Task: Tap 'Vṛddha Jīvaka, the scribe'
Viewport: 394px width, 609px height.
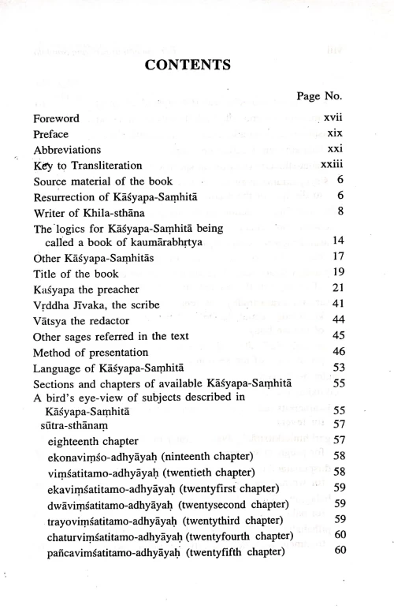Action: point(91,304)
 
